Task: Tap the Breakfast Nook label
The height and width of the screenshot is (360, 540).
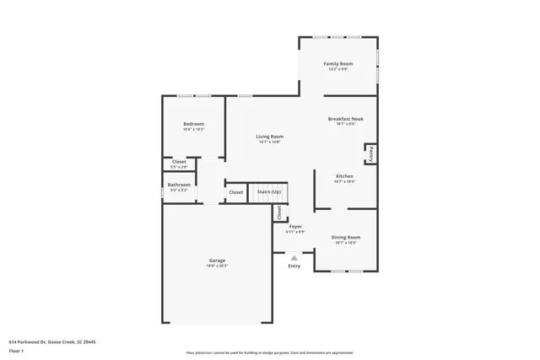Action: tap(344, 119)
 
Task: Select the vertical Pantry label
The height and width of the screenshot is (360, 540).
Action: tap(370, 153)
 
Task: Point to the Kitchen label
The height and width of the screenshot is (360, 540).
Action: tap(344, 176)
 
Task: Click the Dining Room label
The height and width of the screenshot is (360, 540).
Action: tap(345, 238)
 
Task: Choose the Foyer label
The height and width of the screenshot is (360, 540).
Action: tap(295, 227)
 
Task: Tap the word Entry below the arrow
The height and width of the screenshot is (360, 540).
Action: tap(294, 266)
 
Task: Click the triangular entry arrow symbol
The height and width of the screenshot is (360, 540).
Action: tap(294, 257)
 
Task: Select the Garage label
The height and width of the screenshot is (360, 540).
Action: tap(217, 261)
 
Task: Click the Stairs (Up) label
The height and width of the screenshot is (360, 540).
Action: tap(269, 192)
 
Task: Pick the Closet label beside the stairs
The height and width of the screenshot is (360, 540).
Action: tap(235, 192)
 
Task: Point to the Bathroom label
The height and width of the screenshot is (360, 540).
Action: tap(179, 185)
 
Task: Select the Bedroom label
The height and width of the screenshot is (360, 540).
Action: tap(193, 124)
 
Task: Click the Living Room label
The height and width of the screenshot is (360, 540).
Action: tap(270, 137)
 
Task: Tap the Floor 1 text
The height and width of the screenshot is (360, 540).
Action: tap(15, 352)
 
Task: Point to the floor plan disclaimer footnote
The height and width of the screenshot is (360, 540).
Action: tap(269, 352)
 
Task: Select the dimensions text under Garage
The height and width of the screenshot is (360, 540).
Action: tap(217, 266)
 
